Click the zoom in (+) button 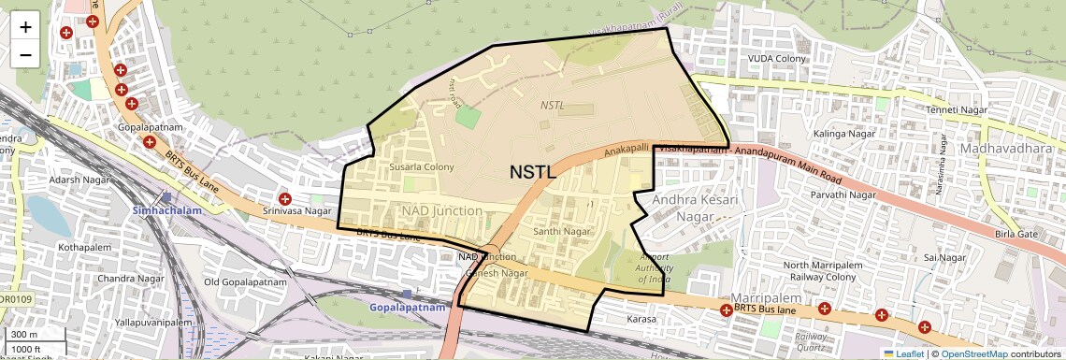pyautogui.click(x=25, y=27)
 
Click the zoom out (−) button pyautogui.click(x=25, y=54)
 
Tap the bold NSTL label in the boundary pyautogui.click(x=533, y=172)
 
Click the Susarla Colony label pyautogui.click(x=421, y=166)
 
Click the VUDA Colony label pyautogui.click(x=776, y=59)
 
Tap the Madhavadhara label pyautogui.click(x=1004, y=150)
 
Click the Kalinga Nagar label pyautogui.click(x=816, y=135)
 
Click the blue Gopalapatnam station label pyautogui.click(x=405, y=307)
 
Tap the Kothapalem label pyautogui.click(x=85, y=248)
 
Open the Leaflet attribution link pyautogui.click(x=903, y=353)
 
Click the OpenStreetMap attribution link pyautogui.click(x=973, y=353)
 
